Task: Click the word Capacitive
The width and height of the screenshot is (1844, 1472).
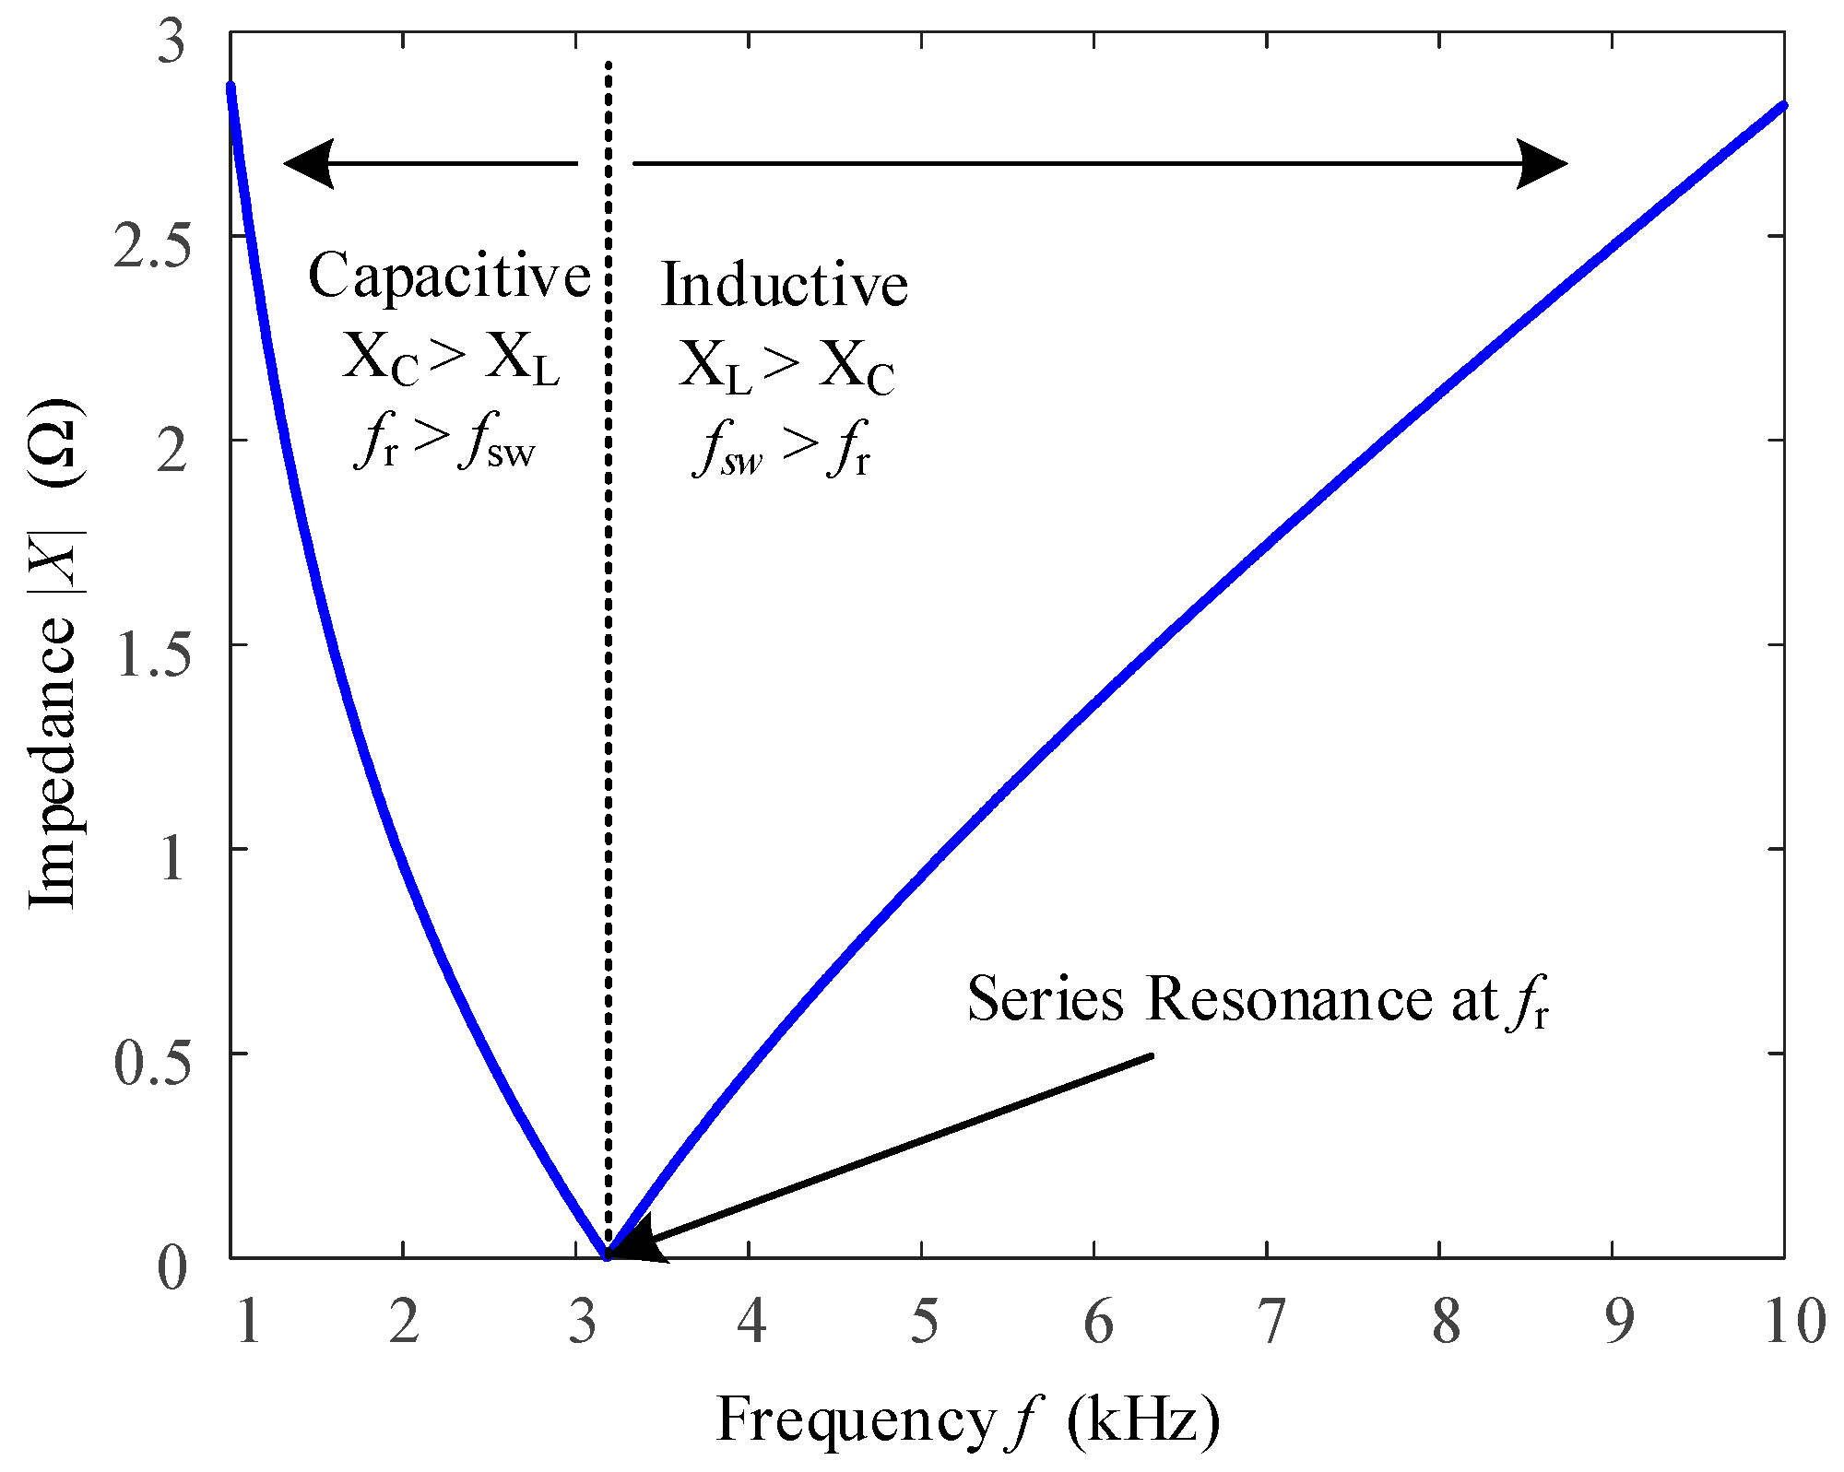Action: [449, 276]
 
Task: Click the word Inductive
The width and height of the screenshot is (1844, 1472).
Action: [785, 285]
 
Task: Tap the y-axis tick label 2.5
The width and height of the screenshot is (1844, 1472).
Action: [151, 249]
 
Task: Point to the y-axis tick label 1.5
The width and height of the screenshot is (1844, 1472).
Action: [151, 656]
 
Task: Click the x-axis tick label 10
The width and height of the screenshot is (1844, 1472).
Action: [1794, 1324]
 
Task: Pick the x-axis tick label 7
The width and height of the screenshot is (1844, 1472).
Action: [1271, 1324]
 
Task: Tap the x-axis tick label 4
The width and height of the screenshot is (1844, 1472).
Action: [751, 1324]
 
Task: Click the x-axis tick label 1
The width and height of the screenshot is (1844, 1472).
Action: [247, 1324]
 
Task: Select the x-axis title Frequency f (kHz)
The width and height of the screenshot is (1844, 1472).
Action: [968, 1420]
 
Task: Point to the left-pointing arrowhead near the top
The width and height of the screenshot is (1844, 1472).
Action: [309, 164]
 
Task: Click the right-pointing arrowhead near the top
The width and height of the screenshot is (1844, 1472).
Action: [1542, 164]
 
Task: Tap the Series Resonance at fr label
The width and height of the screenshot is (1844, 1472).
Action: [1258, 1000]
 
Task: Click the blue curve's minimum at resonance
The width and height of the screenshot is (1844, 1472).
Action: [607, 1254]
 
